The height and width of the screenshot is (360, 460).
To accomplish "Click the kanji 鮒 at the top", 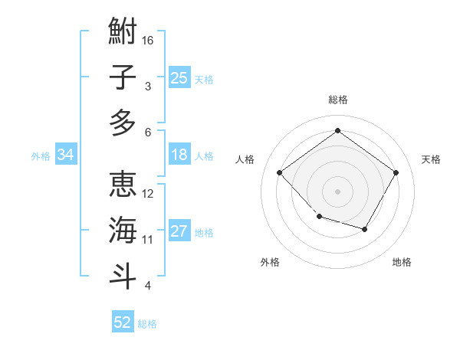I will pyautogui.click(x=123, y=32).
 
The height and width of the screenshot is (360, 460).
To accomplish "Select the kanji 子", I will pyautogui.click(x=123, y=77).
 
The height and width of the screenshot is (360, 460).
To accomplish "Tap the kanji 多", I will pyautogui.click(x=123, y=123).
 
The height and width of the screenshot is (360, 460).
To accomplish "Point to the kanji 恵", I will pyautogui.click(x=123, y=185).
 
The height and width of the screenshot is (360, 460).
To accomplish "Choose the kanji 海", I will pyautogui.click(x=123, y=230).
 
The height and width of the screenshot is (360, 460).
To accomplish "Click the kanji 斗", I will pyautogui.click(x=123, y=275).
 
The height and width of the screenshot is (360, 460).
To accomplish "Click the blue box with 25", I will pyautogui.click(x=179, y=78).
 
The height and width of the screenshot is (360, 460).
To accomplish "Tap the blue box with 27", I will pyautogui.click(x=179, y=232).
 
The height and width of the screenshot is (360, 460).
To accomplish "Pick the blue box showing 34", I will pyautogui.click(x=65, y=155).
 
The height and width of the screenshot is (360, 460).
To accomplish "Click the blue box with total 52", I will pyautogui.click(x=123, y=322).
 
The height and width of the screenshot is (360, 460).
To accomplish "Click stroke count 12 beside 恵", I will pyautogui.click(x=148, y=193).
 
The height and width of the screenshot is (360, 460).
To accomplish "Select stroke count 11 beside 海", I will pyautogui.click(x=148, y=240).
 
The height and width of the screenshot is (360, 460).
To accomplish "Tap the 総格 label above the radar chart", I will pyautogui.click(x=337, y=100).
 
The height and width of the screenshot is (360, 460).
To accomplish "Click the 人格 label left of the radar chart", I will pyautogui.click(x=245, y=159).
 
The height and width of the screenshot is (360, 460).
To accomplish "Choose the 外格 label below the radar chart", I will pyautogui.click(x=270, y=262).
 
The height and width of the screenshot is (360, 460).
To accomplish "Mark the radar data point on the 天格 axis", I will pyautogui.click(x=396, y=172).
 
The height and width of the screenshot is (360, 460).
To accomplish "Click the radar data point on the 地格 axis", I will pyautogui.click(x=365, y=229).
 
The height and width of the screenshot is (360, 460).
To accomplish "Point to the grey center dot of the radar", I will pyautogui.click(x=337, y=191).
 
